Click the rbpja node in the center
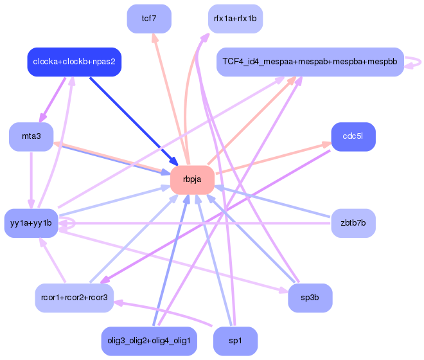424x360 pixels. coord(192,179)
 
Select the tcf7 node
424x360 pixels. coord(149,18)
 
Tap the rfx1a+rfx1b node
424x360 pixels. coord(235,18)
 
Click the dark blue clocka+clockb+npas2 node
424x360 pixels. coord(75,62)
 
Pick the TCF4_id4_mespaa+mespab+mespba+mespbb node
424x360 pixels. coord(310,62)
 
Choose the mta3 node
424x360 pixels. coord(31,136)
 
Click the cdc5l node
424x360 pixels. coord(353,136)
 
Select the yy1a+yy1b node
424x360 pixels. coord(31,223)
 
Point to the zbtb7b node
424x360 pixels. coord(353,223)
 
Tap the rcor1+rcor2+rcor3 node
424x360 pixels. coord(75,298)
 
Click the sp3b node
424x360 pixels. coord(310,298)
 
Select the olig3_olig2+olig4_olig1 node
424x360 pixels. coord(149,341)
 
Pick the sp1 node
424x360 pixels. coord(235,341)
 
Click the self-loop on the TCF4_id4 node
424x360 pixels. coord(416,62)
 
